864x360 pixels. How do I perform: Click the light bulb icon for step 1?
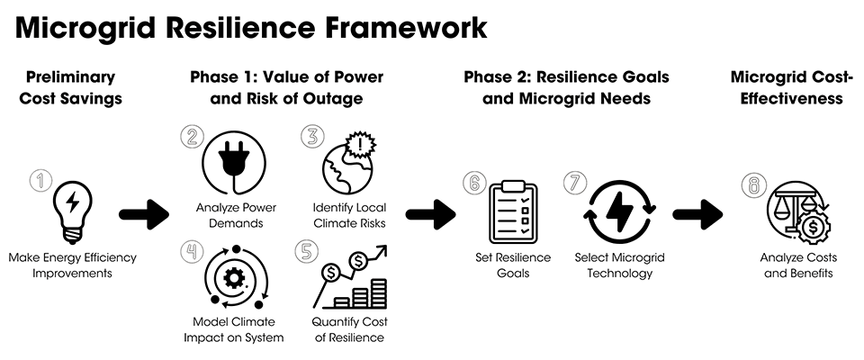pyautogui.click(x=72, y=210)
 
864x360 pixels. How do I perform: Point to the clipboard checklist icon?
pyautogui.click(x=514, y=212)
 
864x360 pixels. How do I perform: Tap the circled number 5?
pyautogui.click(x=305, y=250)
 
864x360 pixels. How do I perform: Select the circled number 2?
pyautogui.click(x=191, y=136)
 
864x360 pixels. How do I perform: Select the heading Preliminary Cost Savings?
pyautogui.click(x=70, y=87)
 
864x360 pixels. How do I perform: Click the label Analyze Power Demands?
pyautogui.click(x=236, y=216)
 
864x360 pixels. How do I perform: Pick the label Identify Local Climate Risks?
pyautogui.click(x=349, y=216)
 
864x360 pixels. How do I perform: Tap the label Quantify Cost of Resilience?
pyautogui.click(x=349, y=329)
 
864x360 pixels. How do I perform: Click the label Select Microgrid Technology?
pyautogui.click(x=619, y=265)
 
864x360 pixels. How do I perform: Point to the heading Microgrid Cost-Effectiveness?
pyautogui.click(x=792, y=87)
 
